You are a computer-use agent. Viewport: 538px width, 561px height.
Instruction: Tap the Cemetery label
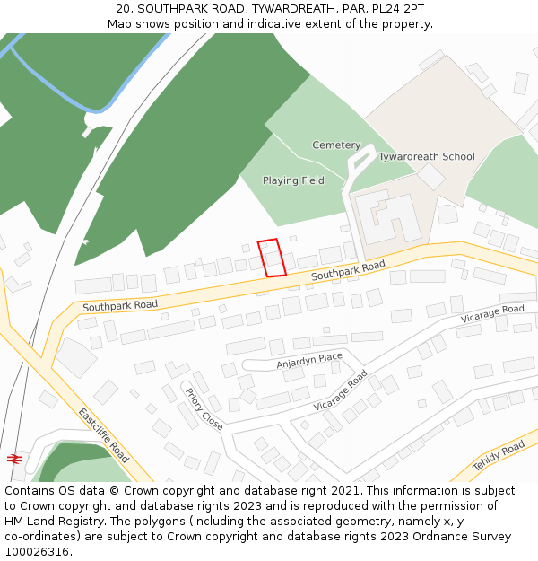point(336,145)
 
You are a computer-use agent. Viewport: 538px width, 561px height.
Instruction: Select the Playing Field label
point(293,180)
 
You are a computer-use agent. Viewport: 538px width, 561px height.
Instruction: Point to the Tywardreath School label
point(426,157)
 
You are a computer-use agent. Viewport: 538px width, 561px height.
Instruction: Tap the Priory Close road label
point(204,409)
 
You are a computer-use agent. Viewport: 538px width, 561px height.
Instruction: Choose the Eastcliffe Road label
point(104,435)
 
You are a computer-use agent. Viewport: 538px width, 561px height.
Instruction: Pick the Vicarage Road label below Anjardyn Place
point(341,391)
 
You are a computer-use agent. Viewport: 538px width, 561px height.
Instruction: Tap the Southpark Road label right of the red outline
point(348,271)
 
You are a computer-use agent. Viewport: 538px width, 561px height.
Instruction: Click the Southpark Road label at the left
point(120,305)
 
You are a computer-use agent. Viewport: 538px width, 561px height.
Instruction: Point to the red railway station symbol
point(14,458)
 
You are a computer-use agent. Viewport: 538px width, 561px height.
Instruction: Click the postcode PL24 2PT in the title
point(402,9)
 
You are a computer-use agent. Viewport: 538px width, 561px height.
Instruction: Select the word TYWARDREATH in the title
point(293,9)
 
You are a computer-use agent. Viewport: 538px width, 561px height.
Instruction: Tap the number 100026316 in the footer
point(37,552)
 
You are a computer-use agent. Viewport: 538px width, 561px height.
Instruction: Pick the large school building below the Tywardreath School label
point(387,215)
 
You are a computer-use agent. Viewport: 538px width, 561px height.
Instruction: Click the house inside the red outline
point(273,261)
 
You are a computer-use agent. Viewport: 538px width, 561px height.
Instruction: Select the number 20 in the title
point(122,9)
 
